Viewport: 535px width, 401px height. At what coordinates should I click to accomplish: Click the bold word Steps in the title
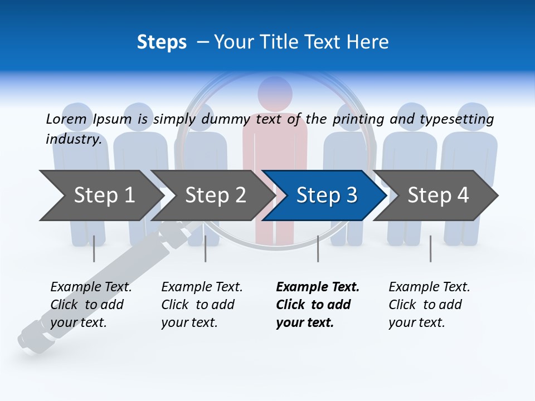[162, 42]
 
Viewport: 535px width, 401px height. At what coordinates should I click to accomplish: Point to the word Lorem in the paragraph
[66, 119]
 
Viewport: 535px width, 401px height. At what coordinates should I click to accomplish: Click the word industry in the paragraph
[73, 139]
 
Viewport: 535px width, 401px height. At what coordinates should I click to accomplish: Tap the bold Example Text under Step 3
[318, 287]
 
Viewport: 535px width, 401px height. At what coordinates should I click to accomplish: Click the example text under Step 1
[90, 305]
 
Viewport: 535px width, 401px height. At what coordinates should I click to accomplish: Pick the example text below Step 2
[201, 305]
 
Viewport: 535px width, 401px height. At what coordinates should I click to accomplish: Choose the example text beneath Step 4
[429, 305]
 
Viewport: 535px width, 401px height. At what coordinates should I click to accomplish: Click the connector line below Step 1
[94, 248]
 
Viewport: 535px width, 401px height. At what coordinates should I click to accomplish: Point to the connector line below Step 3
[318, 248]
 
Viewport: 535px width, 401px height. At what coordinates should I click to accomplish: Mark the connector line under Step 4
[430, 248]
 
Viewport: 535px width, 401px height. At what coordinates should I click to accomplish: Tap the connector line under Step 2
[206, 248]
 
